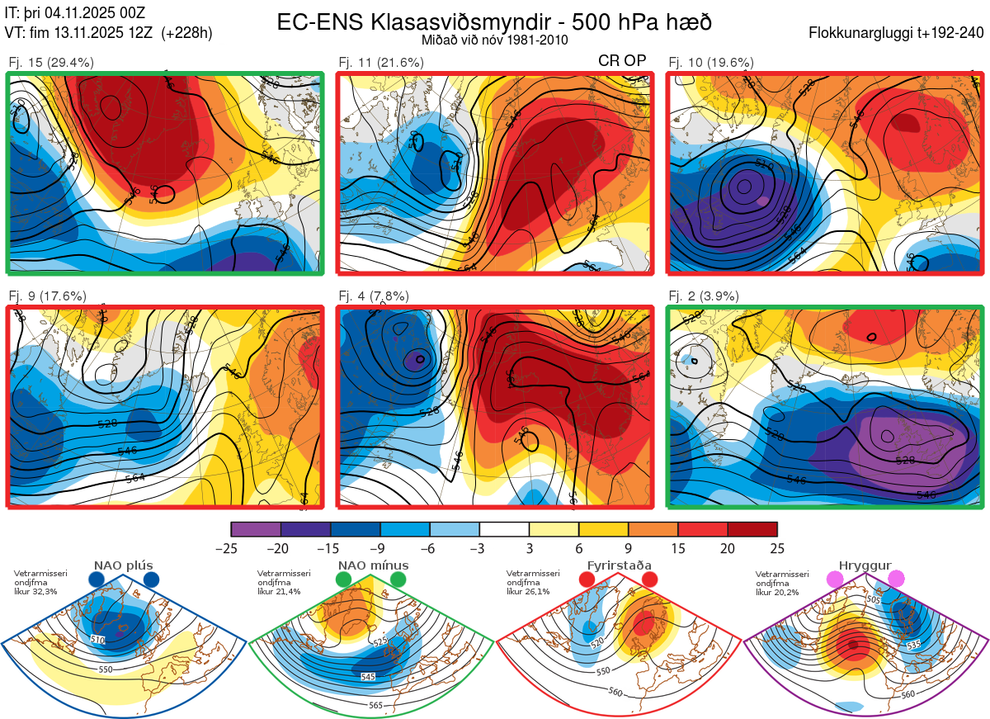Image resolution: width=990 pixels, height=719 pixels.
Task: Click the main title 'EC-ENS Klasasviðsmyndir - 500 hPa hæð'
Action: (x=494, y=21)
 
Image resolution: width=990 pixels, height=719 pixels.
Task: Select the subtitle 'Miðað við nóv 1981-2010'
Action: (x=494, y=40)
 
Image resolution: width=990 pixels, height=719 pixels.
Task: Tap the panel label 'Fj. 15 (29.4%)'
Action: (x=51, y=62)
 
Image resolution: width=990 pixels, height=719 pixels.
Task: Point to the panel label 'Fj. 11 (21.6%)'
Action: (x=381, y=62)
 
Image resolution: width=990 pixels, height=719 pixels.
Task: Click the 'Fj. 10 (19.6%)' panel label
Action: (x=711, y=62)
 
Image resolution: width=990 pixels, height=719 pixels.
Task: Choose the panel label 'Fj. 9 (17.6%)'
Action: (x=48, y=296)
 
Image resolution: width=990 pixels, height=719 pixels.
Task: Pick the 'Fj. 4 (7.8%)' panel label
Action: (x=375, y=296)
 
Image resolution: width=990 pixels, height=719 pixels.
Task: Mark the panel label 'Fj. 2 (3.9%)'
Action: (x=704, y=296)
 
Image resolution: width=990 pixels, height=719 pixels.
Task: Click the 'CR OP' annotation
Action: (x=622, y=61)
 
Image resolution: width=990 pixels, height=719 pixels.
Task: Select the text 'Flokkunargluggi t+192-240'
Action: (x=897, y=33)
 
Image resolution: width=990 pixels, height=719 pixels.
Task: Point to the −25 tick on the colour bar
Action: (x=231, y=548)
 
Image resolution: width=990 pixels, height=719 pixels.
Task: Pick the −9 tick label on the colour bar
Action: (x=379, y=548)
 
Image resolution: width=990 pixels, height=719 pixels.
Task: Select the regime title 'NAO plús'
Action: (x=123, y=565)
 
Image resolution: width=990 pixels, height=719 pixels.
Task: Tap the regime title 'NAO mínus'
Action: (x=373, y=565)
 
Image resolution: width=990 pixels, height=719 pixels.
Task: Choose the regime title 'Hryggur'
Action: (x=865, y=565)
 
